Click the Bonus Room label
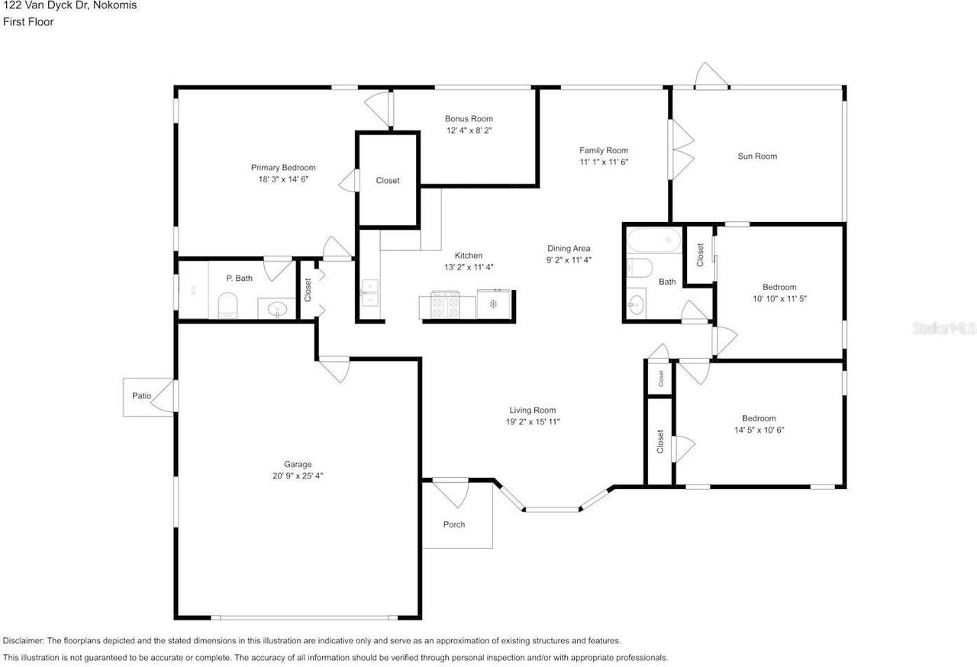pyautogui.click(x=469, y=118)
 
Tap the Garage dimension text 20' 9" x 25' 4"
pyautogui.click(x=298, y=475)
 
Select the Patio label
pyautogui.click(x=142, y=396)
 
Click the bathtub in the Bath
pyautogui.click(x=654, y=240)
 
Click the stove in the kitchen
pyautogui.click(x=445, y=304)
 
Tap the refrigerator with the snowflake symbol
pyautogui.click(x=493, y=304)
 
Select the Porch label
pyautogui.click(x=454, y=524)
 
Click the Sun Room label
pyautogui.click(x=757, y=156)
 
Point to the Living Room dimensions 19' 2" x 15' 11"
pyautogui.click(x=533, y=421)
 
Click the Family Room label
pyautogui.click(x=604, y=150)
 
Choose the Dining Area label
pyautogui.click(x=569, y=249)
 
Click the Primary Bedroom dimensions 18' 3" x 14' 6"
pyautogui.click(x=283, y=179)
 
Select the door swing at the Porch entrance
pyautogui.click(x=453, y=494)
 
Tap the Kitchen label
pyautogui.click(x=469, y=256)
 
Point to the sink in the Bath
pyautogui.click(x=637, y=304)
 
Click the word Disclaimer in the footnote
pyautogui.click(x=23, y=641)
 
